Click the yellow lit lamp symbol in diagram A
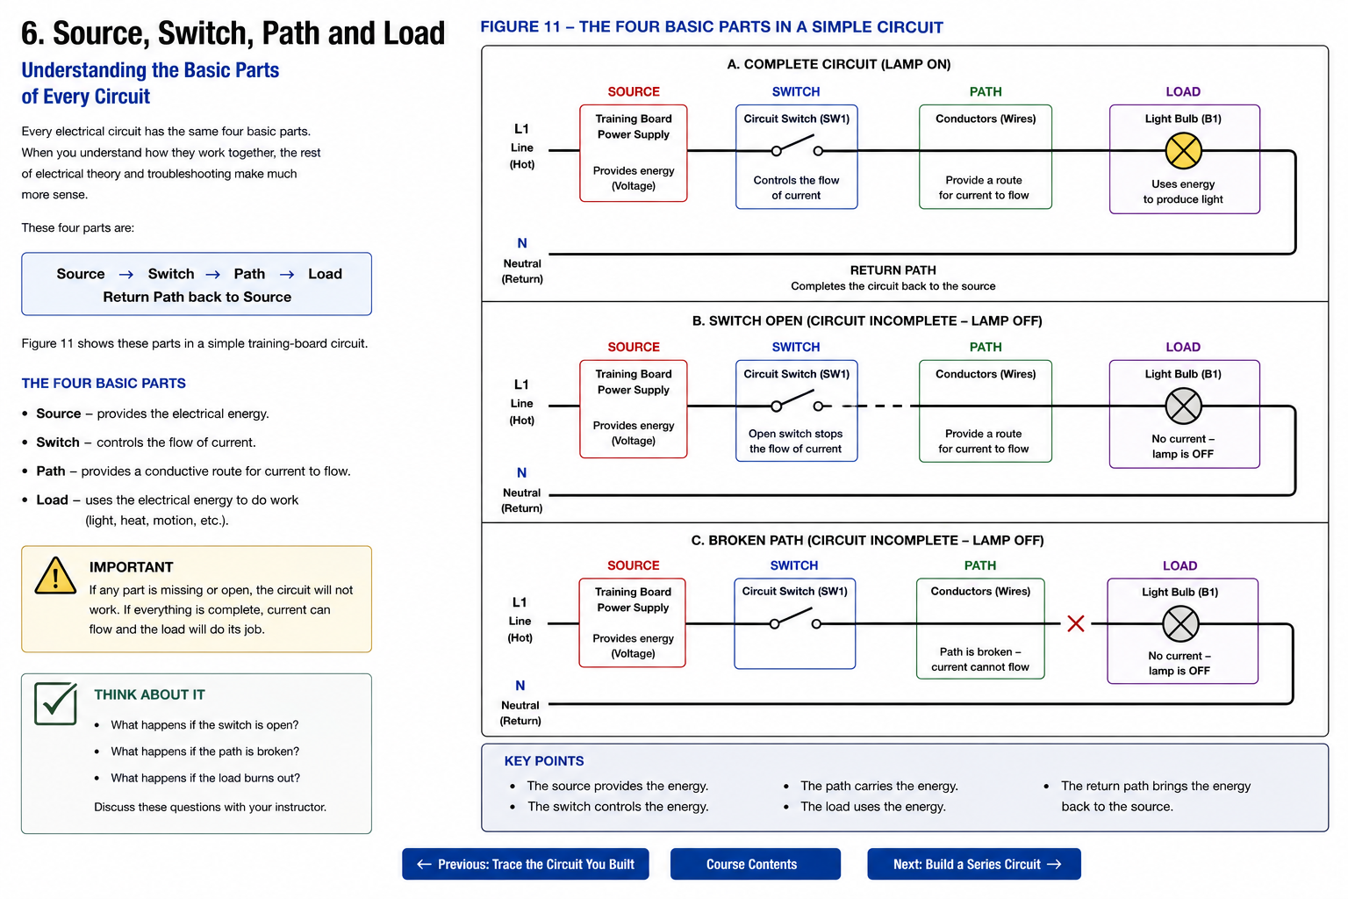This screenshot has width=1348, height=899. pos(1183,150)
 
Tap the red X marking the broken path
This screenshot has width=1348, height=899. pos(1075,623)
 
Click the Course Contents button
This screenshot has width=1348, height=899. pos(755,864)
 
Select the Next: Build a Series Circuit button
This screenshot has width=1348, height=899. pos(973,864)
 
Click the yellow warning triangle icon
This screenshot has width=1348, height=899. pos(55,576)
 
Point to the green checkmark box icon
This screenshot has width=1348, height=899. pos(55,703)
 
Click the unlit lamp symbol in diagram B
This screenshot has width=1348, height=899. pos(1183,406)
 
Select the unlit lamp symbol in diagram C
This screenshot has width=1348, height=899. pos(1180,624)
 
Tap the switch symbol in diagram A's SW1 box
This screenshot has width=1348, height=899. pos(797,147)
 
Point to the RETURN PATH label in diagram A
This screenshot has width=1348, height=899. pos(893,270)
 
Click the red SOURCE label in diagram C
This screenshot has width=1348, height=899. pos(633,565)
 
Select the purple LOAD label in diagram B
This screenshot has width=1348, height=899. pos(1182,347)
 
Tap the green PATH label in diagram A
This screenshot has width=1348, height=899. pos(986,91)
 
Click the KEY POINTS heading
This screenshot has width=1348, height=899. pos(543,761)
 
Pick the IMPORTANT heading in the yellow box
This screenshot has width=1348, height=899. pos(131,567)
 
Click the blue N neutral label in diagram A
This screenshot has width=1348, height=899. pos(522,243)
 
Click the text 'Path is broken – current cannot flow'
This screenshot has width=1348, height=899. pos(979,659)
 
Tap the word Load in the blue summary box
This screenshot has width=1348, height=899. pos(325,274)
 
